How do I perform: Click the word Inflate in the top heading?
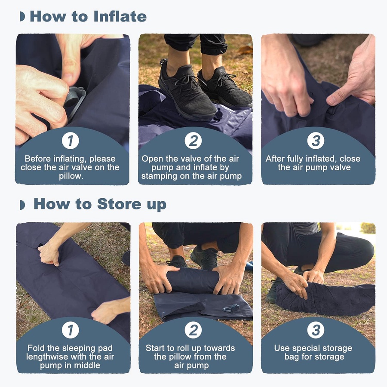(x=120, y=16)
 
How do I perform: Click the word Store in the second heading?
(x=119, y=204)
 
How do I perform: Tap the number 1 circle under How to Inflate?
(x=71, y=141)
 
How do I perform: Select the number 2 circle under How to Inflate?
(x=193, y=141)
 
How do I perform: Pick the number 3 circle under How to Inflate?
(x=316, y=141)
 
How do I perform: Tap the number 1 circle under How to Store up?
(x=71, y=330)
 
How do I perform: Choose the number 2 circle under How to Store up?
(x=193, y=330)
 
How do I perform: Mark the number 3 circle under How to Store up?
(x=316, y=330)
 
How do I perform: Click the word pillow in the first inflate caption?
(x=70, y=176)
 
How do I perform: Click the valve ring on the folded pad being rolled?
(x=231, y=308)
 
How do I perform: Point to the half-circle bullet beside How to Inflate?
(x=22, y=16)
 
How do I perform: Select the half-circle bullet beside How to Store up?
(x=22, y=205)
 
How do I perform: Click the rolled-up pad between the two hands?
(x=193, y=281)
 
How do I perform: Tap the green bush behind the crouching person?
(x=368, y=227)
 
